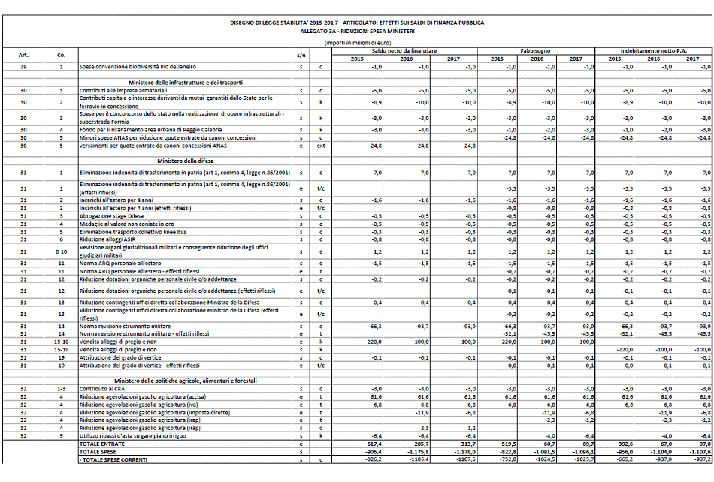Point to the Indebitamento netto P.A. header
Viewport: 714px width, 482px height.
click(x=653, y=50)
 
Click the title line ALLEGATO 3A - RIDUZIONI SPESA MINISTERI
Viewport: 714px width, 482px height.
click(x=357, y=32)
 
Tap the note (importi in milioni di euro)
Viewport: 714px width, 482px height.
click(x=357, y=43)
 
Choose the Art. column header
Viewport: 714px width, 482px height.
click(x=23, y=55)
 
